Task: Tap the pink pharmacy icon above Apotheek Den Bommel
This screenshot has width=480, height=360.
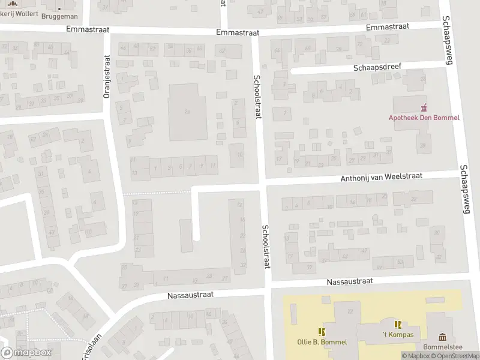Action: (x=425, y=107)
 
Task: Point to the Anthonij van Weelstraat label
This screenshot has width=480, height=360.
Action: (x=382, y=177)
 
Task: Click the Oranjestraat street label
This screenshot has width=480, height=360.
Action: (x=107, y=76)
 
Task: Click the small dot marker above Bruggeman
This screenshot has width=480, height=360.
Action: (x=60, y=9)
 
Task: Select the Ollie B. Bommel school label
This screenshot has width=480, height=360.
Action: (x=322, y=342)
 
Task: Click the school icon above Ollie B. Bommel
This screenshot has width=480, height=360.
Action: (x=322, y=331)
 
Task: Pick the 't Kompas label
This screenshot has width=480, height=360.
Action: (x=398, y=334)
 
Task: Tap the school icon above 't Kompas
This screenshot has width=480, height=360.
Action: (x=398, y=324)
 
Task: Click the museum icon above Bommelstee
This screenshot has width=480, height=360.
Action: (x=443, y=337)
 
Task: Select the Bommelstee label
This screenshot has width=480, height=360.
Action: (x=443, y=347)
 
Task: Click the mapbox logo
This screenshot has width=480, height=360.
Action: (x=27, y=353)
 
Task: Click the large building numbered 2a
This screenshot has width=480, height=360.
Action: (x=187, y=112)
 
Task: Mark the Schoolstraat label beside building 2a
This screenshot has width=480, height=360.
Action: (x=257, y=96)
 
